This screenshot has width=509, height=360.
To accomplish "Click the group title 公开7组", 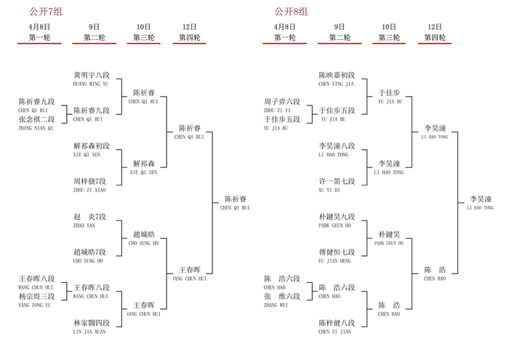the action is [x=46, y=12].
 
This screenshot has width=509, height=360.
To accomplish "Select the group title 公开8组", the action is [x=291, y=12].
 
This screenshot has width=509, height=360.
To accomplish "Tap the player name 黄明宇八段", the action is [x=92, y=75].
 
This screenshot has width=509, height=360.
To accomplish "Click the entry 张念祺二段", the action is [x=36, y=119].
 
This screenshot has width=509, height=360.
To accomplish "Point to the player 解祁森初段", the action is [x=92, y=146].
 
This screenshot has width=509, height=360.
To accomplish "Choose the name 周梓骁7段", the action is [x=90, y=181].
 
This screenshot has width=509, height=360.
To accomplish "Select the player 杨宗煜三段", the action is [x=36, y=296].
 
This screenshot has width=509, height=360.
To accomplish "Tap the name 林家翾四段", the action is [x=92, y=323].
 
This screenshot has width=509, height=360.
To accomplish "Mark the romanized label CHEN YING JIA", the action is [x=336, y=84].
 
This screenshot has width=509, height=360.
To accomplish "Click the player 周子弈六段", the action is [x=282, y=102].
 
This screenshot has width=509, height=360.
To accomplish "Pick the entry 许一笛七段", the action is [x=337, y=181].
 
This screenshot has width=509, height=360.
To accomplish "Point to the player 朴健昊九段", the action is [x=337, y=217].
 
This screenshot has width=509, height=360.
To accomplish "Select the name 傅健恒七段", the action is [x=337, y=252].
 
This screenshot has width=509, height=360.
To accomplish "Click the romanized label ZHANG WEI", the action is [x=274, y=305].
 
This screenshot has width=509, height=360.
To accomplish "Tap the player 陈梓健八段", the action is [x=337, y=323].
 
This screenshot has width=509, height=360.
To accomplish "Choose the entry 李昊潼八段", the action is [x=337, y=146].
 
